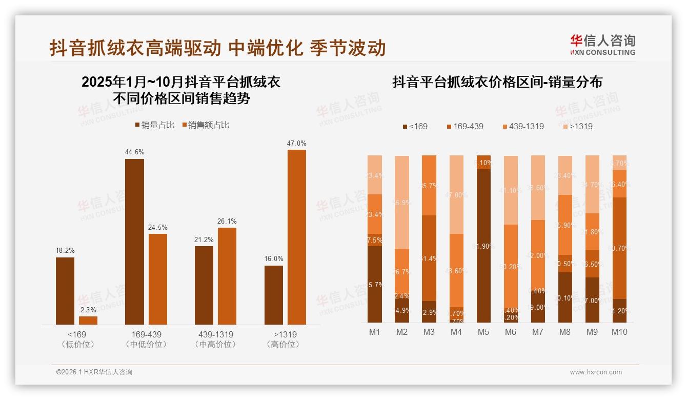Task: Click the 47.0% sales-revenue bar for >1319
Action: click(x=296, y=237)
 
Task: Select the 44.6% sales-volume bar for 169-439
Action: click(x=134, y=242)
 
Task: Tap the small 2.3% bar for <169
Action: click(x=88, y=320)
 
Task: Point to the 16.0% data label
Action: click(x=273, y=259)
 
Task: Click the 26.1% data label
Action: click(x=227, y=221)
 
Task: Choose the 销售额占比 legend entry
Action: click(x=206, y=125)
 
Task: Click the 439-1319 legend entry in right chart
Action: click(x=521, y=126)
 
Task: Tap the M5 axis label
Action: click(x=483, y=332)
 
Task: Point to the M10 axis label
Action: click(x=619, y=332)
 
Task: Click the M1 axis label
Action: click(x=375, y=332)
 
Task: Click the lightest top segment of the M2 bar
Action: click(x=402, y=202)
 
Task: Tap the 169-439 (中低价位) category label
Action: click(x=146, y=339)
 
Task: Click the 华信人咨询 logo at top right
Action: click(x=603, y=45)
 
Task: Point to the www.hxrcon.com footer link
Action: click(x=596, y=372)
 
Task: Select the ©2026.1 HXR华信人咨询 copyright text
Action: click(x=94, y=372)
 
